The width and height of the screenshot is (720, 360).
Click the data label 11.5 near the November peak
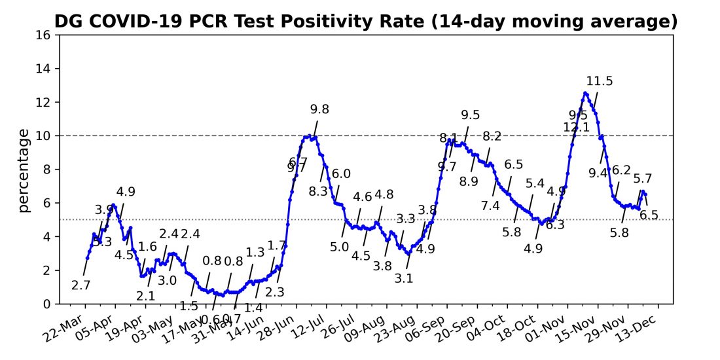coord(600,82)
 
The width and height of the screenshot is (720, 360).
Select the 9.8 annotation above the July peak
coord(320,110)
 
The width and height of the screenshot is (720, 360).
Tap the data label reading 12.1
coord(577,127)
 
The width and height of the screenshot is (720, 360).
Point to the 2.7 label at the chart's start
coord(81,285)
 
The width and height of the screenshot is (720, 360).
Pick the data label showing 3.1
coord(405,278)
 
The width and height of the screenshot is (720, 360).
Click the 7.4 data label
coord(490,206)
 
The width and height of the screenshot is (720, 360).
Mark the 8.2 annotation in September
coord(492,137)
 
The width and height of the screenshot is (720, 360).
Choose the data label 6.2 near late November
coord(621,171)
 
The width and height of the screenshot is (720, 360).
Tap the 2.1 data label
coord(145,296)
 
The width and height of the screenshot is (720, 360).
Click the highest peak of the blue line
coord(585,93)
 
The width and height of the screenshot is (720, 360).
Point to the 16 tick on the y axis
coord(43,35)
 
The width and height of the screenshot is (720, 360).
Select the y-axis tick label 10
coord(43,135)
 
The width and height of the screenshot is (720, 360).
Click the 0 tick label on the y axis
coord(46,304)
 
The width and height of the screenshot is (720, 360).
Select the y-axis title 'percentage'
coord(24,170)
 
